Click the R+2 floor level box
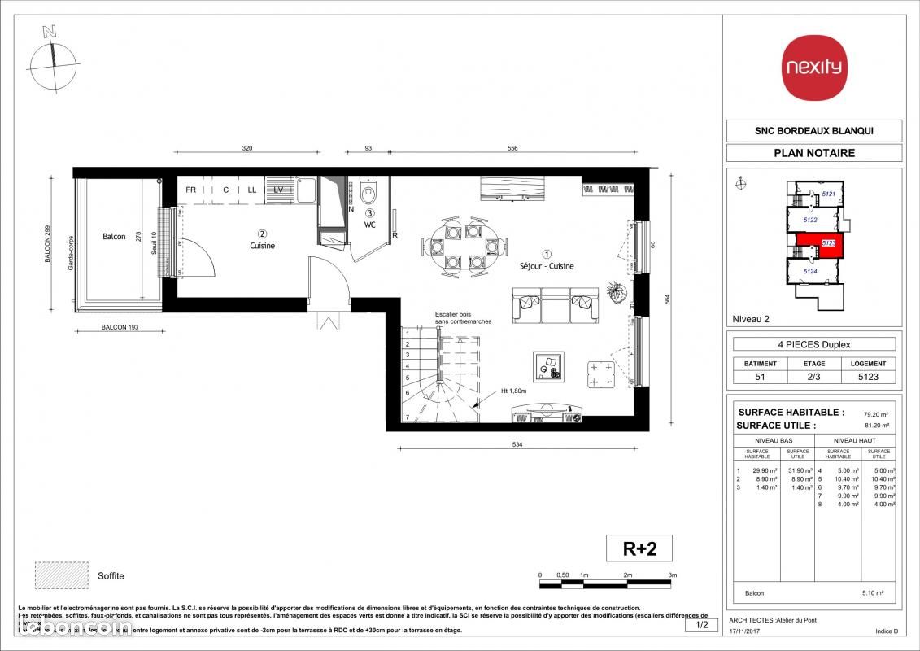coord(640,548)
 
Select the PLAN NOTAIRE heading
coord(813,152)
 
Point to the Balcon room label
coord(114,237)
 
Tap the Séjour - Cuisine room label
coord(547,266)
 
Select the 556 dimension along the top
coord(512,149)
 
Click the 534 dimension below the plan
coord(517,444)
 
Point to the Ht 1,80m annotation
coord(515,391)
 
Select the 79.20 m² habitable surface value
coord(874,413)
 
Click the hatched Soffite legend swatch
coord(60,576)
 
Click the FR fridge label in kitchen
coord(191,190)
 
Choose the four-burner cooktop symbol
coord(602,374)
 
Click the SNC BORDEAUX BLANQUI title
coord(813,131)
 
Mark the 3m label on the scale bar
coord(672,575)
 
